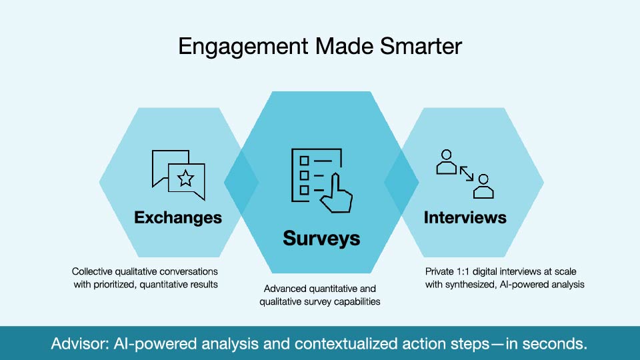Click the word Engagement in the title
(x=243, y=47)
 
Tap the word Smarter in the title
(x=421, y=46)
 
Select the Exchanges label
(x=178, y=217)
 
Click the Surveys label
(x=321, y=239)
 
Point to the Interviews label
(x=465, y=217)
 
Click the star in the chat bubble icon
(x=186, y=179)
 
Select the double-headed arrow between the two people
(x=467, y=173)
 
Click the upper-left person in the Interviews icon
(x=447, y=162)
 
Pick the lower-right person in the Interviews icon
(x=484, y=186)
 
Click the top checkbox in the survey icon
(x=304, y=161)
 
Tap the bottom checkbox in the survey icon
(x=304, y=190)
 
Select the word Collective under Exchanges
(x=92, y=271)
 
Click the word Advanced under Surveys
(x=285, y=289)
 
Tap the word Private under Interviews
(x=439, y=271)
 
